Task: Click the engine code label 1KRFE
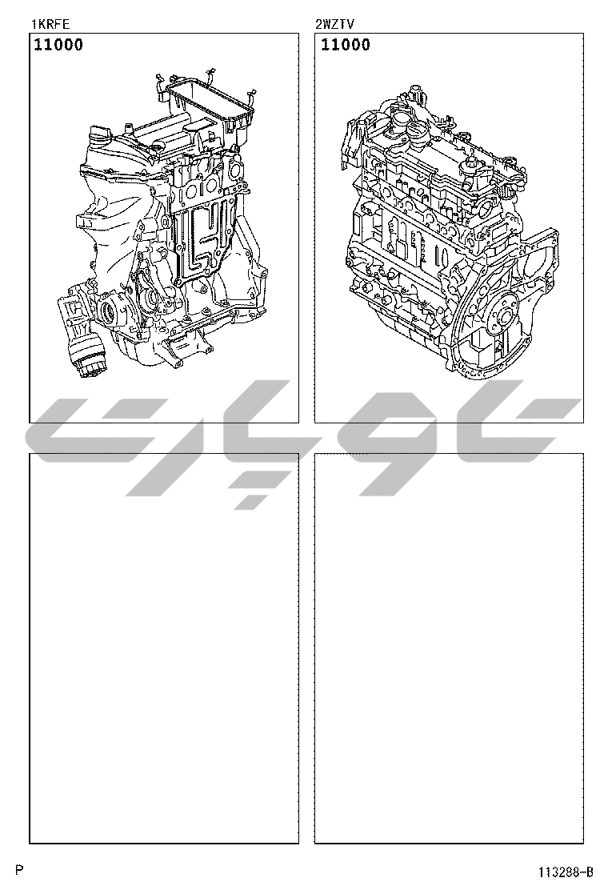[x=50, y=24]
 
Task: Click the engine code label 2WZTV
[x=334, y=24]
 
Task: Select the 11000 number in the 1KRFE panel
[x=58, y=45]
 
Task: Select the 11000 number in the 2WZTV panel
[x=346, y=45]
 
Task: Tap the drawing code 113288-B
[x=566, y=872]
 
